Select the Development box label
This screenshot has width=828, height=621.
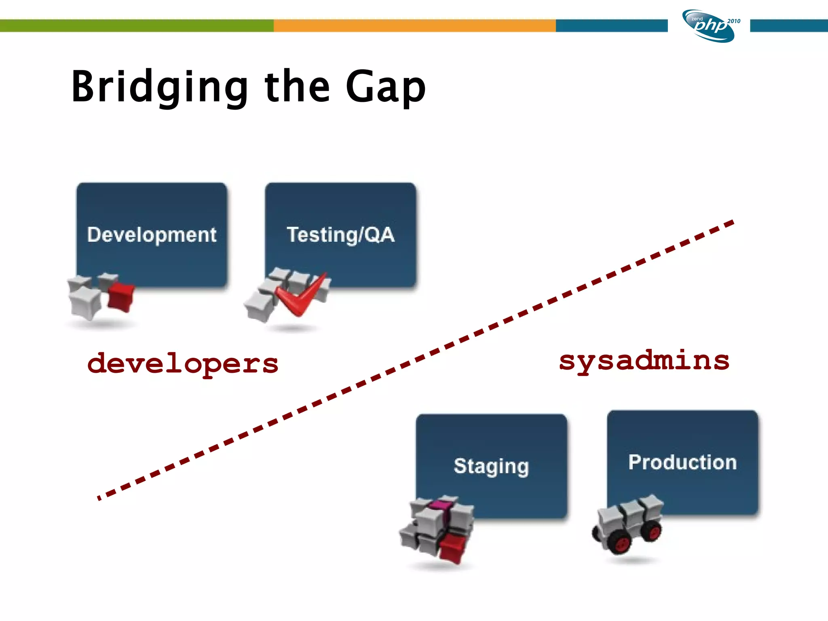coord(152,234)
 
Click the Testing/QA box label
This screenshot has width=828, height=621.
coord(340,234)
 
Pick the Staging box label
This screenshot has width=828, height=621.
coord(491,466)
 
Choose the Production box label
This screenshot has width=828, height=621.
coord(682,462)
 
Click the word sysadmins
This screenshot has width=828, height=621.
coord(644,361)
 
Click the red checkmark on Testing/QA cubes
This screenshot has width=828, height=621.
coord(301,297)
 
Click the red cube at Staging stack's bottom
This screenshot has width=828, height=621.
coord(453,547)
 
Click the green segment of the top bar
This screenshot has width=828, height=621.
coord(137,25)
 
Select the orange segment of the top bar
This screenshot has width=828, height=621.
coord(414,25)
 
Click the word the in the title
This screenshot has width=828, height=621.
coord(297,87)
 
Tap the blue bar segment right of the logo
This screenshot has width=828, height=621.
coord(788,25)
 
